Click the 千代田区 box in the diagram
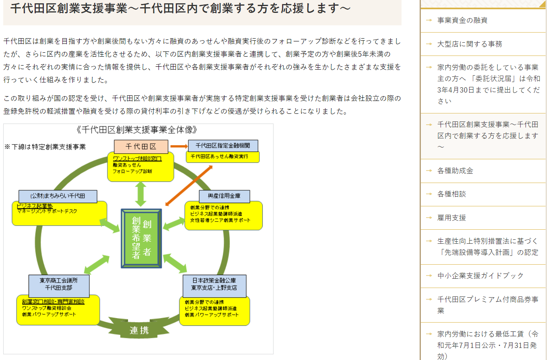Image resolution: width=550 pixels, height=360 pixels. [141, 147]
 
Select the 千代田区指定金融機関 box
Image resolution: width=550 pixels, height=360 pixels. [222, 146]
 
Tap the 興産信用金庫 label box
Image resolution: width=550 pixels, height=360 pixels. [225, 196]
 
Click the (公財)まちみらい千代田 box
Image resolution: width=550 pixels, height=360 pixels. [58, 196]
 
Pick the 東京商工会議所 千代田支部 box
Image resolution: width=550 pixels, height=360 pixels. [59, 285]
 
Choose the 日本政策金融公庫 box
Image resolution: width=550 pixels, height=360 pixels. [214, 285]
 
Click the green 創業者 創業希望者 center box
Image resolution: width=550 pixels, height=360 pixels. [141, 239]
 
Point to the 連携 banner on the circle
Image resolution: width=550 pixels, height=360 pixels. [139, 330]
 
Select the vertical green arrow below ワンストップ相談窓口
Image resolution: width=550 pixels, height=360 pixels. [141, 194]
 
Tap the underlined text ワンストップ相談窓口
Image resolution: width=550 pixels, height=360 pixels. [137, 158]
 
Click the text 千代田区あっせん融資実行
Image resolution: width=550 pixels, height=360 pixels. [219, 156]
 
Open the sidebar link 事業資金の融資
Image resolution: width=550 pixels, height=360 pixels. [462, 20]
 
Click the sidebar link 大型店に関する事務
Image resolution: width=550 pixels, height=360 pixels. [470, 44]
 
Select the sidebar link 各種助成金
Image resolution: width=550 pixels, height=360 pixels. [455, 171]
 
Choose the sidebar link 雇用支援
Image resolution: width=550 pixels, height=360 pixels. [451, 218]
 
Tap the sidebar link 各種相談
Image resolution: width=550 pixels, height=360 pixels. [451, 194]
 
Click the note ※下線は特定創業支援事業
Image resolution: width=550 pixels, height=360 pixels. [45, 147]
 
